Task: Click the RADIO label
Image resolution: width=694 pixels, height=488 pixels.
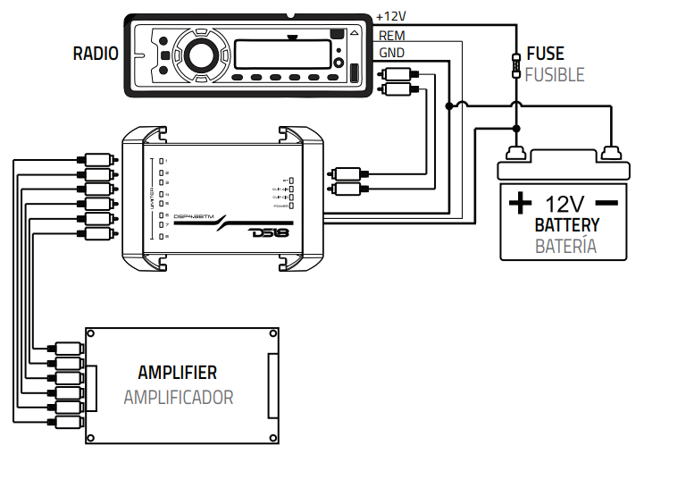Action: [x=96, y=54]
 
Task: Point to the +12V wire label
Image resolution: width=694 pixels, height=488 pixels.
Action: [x=391, y=16]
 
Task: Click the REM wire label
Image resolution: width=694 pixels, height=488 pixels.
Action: [x=391, y=36]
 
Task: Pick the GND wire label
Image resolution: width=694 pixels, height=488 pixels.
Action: [x=391, y=53]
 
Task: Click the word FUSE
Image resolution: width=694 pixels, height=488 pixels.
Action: [x=545, y=54]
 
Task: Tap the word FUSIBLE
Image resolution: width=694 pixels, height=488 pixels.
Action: [x=555, y=74]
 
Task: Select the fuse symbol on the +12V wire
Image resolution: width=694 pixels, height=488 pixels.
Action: [x=515, y=65]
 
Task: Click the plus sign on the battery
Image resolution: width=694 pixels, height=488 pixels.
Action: [x=519, y=203]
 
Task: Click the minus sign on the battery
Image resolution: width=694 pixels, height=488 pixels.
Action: [x=607, y=203]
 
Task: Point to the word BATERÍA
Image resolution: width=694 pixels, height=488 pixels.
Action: [x=565, y=246]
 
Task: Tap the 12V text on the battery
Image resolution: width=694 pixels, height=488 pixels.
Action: [x=565, y=203]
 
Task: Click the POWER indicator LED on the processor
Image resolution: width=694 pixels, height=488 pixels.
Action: [x=291, y=206]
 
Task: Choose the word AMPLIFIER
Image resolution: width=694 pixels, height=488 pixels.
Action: [x=177, y=373]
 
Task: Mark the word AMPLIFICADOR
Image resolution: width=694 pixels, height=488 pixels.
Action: [x=178, y=397]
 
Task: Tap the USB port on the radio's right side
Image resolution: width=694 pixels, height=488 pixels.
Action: [x=353, y=73]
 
